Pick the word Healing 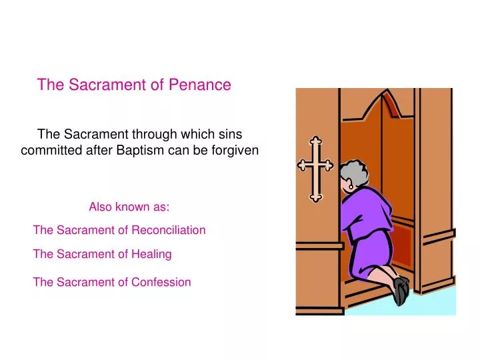[x=151, y=254]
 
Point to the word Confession [x=161, y=282]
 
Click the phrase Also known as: [x=129, y=207]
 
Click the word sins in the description [x=230, y=133]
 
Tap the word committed [x=46, y=151]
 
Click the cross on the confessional [x=315, y=168]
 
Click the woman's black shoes [x=401, y=291]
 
